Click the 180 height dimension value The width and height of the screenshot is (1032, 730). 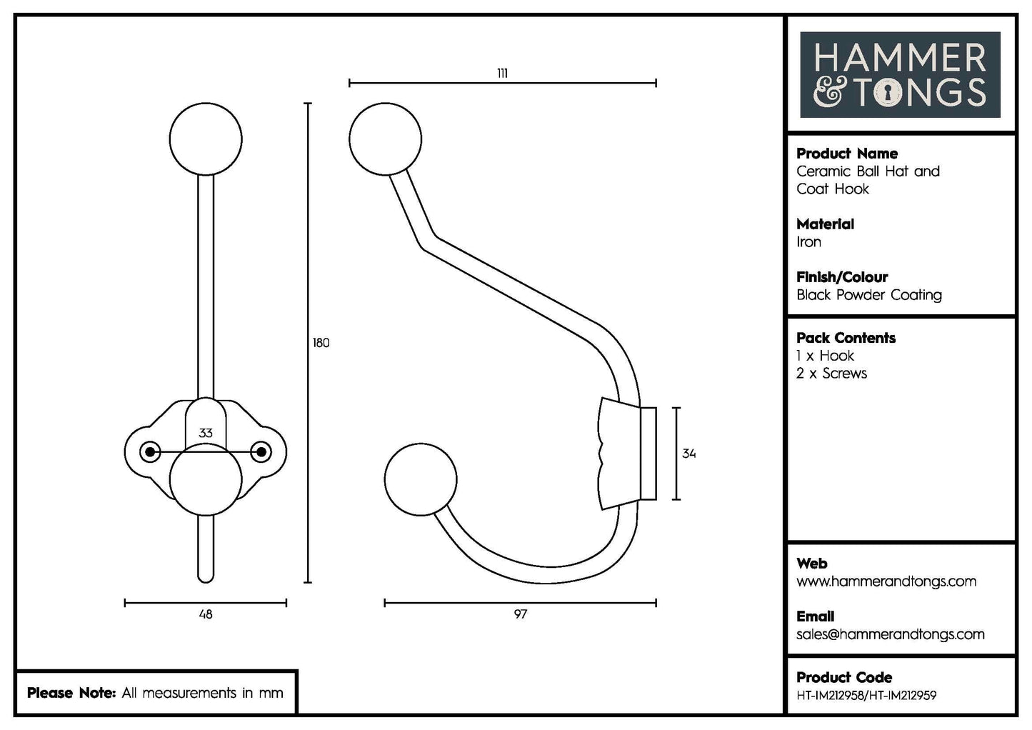click(x=321, y=343)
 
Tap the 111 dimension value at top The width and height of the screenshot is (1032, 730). click(x=502, y=73)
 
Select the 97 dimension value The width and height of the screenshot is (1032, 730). click(x=520, y=614)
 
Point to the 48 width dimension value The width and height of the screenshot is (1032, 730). click(x=206, y=614)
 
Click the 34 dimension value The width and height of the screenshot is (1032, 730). click(x=688, y=454)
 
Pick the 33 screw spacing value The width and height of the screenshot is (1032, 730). click(x=206, y=433)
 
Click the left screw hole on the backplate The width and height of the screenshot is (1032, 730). click(x=149, y=451)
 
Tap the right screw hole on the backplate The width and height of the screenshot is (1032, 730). click(x=262, y=451)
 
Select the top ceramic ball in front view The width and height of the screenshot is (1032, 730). click(x=206, y=139)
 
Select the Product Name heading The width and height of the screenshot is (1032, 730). click(x=846, y=154)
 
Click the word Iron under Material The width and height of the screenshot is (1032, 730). click(x=808, y=242)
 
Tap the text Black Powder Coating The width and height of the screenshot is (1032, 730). click(x=868, y=295)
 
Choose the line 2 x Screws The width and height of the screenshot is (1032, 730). click(x=831, y=374)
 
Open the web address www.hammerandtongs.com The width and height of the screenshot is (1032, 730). click(x=886, y=581)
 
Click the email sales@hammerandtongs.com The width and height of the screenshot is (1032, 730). click(x=890, y=634)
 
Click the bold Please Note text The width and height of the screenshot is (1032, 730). click(x=71, y=693)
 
